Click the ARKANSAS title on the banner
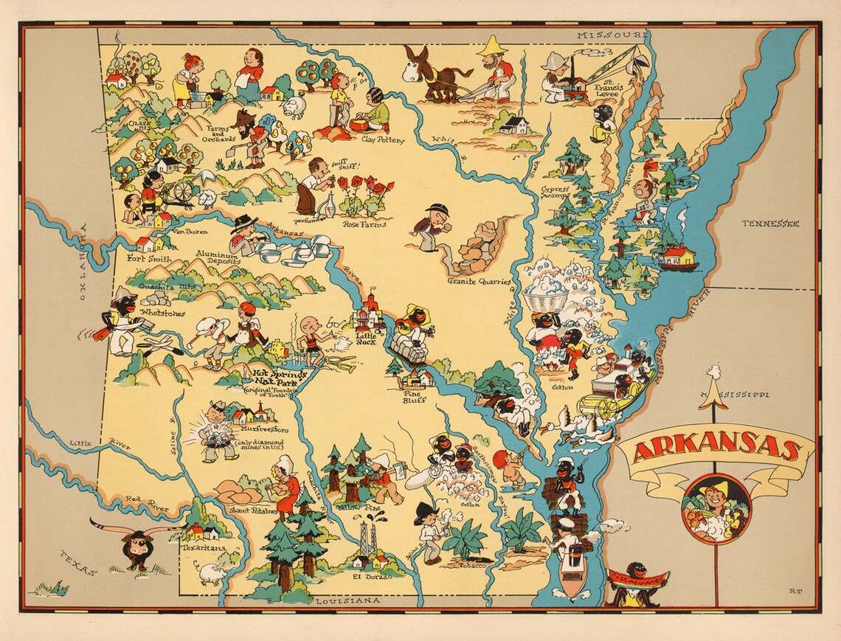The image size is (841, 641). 716,450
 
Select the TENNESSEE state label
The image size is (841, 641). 770,224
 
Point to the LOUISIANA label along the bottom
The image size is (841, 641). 347,601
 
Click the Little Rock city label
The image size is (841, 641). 367,338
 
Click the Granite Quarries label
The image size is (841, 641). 479,281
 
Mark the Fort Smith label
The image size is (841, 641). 150,259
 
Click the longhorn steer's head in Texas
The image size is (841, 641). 137,547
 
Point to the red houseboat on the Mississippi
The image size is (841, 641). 678,257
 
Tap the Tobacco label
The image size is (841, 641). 472,565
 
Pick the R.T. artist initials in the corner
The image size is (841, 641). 795,589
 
